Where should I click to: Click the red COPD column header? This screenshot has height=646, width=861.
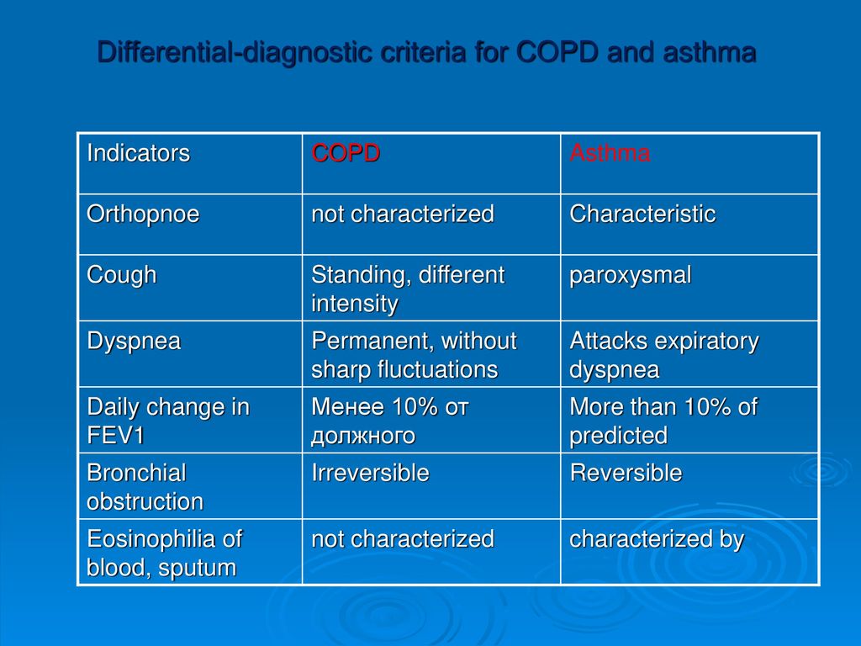[x=346, y=153]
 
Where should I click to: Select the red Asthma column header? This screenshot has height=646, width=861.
[x=610, y=153]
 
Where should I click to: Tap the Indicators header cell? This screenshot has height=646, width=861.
[x=139, y=153]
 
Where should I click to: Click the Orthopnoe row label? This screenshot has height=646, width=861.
[x=143, y=214]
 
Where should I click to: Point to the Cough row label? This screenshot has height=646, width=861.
[x=121, y=276]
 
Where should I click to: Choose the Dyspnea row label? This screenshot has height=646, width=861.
[x=134, y=342]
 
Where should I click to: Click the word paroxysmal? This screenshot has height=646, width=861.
[x=631, y=276]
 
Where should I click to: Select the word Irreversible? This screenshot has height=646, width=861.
[x=370, y=473]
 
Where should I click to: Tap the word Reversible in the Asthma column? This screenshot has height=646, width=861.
[x=626, y=473]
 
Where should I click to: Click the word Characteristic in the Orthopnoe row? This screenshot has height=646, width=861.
[x=642, y=214]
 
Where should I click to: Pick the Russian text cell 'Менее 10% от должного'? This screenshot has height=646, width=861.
[x=390, y=421]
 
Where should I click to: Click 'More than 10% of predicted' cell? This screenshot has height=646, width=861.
[x=663, y=421]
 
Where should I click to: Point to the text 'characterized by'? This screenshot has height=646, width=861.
[x=657, y=539]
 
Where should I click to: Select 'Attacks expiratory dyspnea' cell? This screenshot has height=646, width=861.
[x=664, y=356]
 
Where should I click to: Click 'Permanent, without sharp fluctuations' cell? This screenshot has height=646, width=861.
[x=414, y=356]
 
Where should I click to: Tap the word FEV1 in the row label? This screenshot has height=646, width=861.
[x=115, y=436]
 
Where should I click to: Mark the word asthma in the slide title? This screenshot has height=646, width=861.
[x=710, y=53]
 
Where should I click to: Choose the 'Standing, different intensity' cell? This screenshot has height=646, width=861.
[x=408, y=289]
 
